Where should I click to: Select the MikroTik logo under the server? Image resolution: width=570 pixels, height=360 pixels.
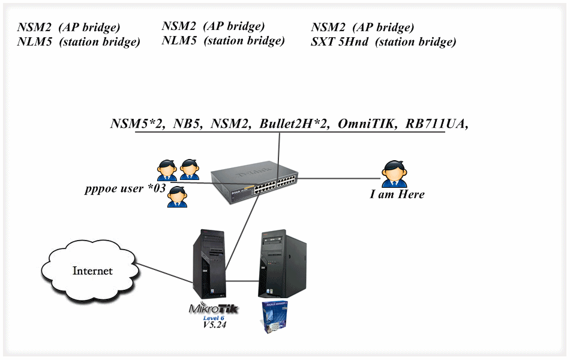tap(214, 309)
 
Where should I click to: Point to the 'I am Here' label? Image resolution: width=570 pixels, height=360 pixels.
tap(397, 194)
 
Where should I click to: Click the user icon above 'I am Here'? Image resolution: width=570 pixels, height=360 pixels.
tap(394, 174)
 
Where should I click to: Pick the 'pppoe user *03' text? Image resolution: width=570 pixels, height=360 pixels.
tap(125, 190)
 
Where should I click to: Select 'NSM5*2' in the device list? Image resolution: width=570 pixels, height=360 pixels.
tap(137, 124)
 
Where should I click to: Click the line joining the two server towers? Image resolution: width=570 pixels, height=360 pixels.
tap(243, 280)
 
